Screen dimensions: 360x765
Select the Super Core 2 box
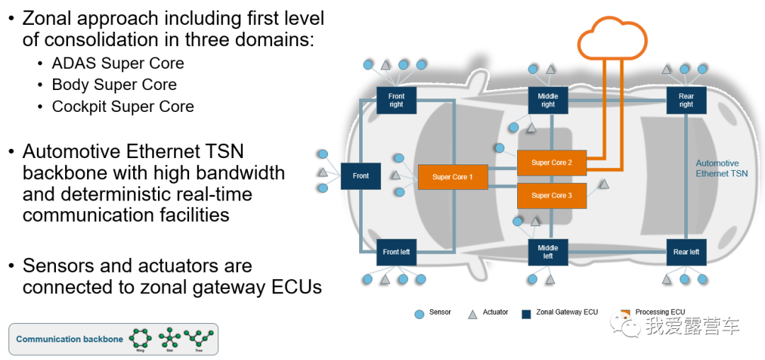(552, 162)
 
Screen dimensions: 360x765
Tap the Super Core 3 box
(552, 195)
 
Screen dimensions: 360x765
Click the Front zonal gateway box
(361, 176)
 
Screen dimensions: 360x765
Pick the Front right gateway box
(396, 100)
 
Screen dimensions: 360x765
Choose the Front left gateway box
(396, 252)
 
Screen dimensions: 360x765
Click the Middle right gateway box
(548, 100)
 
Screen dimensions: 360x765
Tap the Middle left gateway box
(548, 252)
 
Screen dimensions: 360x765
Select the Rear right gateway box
(686, 100)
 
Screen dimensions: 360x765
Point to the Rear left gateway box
(686, 252)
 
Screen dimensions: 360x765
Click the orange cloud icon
(613, 40)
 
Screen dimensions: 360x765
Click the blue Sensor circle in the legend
(419, 313)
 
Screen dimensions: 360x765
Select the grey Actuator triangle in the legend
(473, 313)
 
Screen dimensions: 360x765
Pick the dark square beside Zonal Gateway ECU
(526, 313)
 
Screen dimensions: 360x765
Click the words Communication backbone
(69, 339)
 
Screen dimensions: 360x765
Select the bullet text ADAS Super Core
(118, 63)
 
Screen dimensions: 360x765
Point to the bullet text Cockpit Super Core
(123, 106)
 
